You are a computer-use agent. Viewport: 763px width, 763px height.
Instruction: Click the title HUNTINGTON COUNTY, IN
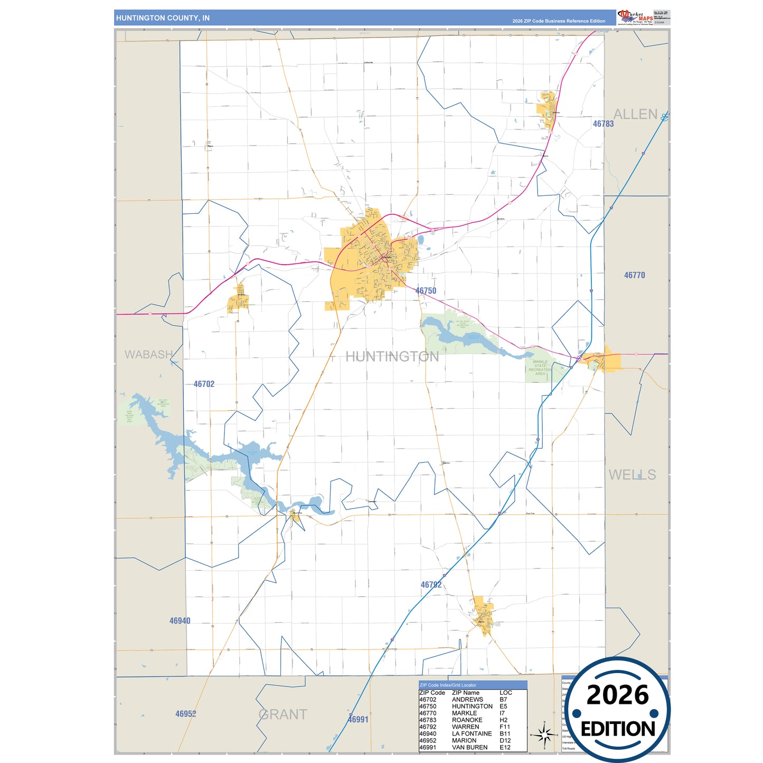pyautogui.click(x=163, y=18)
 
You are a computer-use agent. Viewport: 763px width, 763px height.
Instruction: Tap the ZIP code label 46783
pyautogui.click(x=603, y=124)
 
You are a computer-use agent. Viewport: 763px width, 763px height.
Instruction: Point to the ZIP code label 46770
pyautogui.click(x=634, y=275)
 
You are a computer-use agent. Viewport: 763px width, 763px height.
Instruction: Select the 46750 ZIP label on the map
pyautogui.click(x=426, y=291)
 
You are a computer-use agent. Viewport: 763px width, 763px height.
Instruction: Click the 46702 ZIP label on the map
pyautogui.click(x=204, y=384)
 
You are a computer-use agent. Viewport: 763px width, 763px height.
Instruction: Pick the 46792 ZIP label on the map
pyautogui.click(x=431, y=585)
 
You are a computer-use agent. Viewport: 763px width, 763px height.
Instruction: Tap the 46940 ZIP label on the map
pyautogui.click(x=180, y=621)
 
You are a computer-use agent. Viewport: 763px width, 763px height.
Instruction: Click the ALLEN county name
pyautogui.click(x=635, y=114)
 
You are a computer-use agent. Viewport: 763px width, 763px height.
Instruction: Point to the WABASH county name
pyautogui.click(x=148, y=354)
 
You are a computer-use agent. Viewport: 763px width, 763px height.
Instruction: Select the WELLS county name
pyautogui.click(x=632, y=475)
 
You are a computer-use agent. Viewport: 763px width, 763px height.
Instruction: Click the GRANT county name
pyautogui.click(x=283, y=714)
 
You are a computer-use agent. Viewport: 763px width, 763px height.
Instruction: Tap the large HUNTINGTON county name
pyautogui.click(x=392, y=357)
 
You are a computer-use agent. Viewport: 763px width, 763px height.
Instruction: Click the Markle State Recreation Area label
pyautogui.click(x=540, y=368)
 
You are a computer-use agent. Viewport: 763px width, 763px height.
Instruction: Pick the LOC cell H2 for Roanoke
pyautogui.click(x=503, y=720)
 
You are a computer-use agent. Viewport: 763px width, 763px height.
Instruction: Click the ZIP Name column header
pyautogui.click(x=465, y=693)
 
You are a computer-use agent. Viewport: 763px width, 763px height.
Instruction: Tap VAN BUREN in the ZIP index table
pyautogui.click(x=469, y=747)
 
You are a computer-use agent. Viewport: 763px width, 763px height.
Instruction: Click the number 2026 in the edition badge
pyautogui.click(x=617, y=695)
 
